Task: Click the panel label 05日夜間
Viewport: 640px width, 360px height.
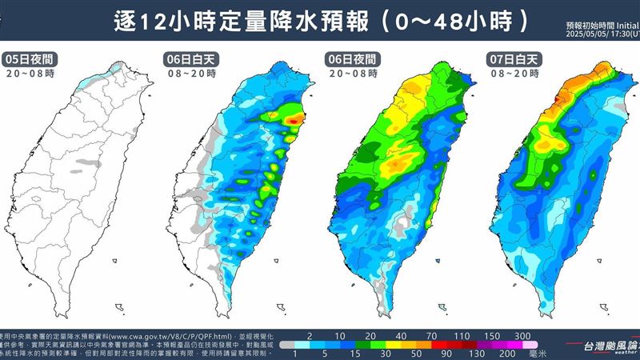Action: pyautogui.click(x=29, y=59)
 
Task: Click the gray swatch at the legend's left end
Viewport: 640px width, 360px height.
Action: pyautogui.click(x=286, y=343)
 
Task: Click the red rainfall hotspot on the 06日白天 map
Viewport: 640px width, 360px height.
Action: pyautogui.click(x=297, y=120)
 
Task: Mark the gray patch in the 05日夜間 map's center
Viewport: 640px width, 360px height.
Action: pyautogui.click(x=78, y=170)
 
